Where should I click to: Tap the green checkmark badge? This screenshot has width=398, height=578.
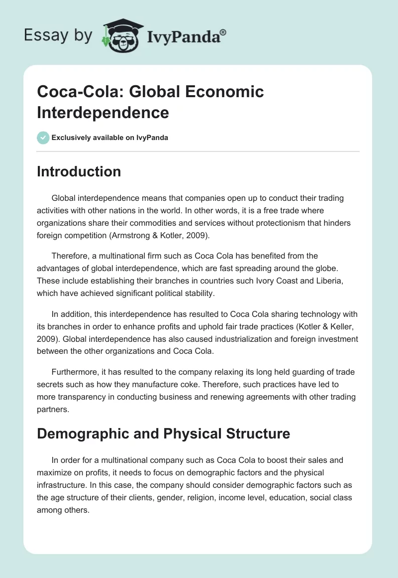click(x=43, y=138)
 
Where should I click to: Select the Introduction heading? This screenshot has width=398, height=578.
click(x=79, y=172)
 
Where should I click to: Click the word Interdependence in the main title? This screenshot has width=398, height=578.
click(x=103, y=113)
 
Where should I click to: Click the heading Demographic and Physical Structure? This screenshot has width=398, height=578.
click(x=164, y=433)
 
